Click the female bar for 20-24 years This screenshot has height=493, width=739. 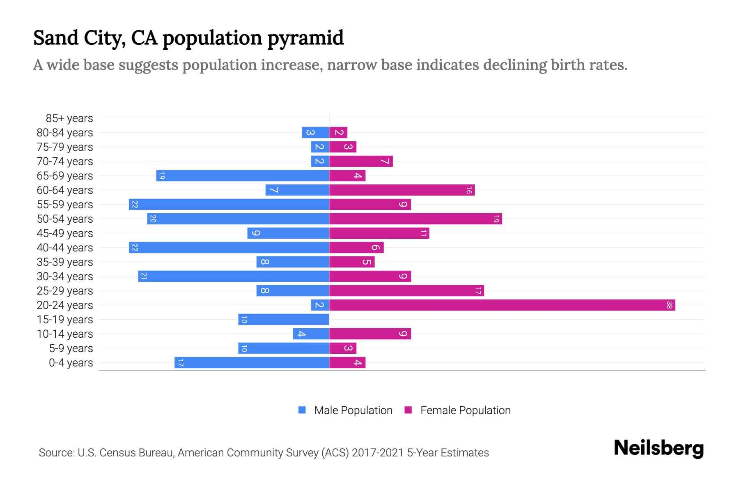pos(502,305)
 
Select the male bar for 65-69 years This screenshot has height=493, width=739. pos(243,175)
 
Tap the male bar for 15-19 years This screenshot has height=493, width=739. pos(284,319)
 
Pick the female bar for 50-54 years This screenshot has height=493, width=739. pos(415,219)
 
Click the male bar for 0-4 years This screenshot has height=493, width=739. pos(252,362)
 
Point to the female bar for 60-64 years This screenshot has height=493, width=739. pos(402,190)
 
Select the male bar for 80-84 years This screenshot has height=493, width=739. pos(315,132)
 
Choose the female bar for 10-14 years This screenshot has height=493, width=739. pos(370,334)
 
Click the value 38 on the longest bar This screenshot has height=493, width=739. pos(669,305)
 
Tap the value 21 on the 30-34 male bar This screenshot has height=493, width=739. pos(144,276)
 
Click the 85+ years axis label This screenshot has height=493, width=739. pos(69,118)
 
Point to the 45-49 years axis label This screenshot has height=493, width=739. pos(65,233)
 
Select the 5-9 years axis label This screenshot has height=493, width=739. pos(71,348)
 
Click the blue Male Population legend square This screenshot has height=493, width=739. pos(302,410)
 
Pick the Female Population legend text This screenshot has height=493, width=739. pos(465,410)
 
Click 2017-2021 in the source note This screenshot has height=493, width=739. pos(378,453)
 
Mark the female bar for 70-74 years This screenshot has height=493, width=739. pos(361,161)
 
